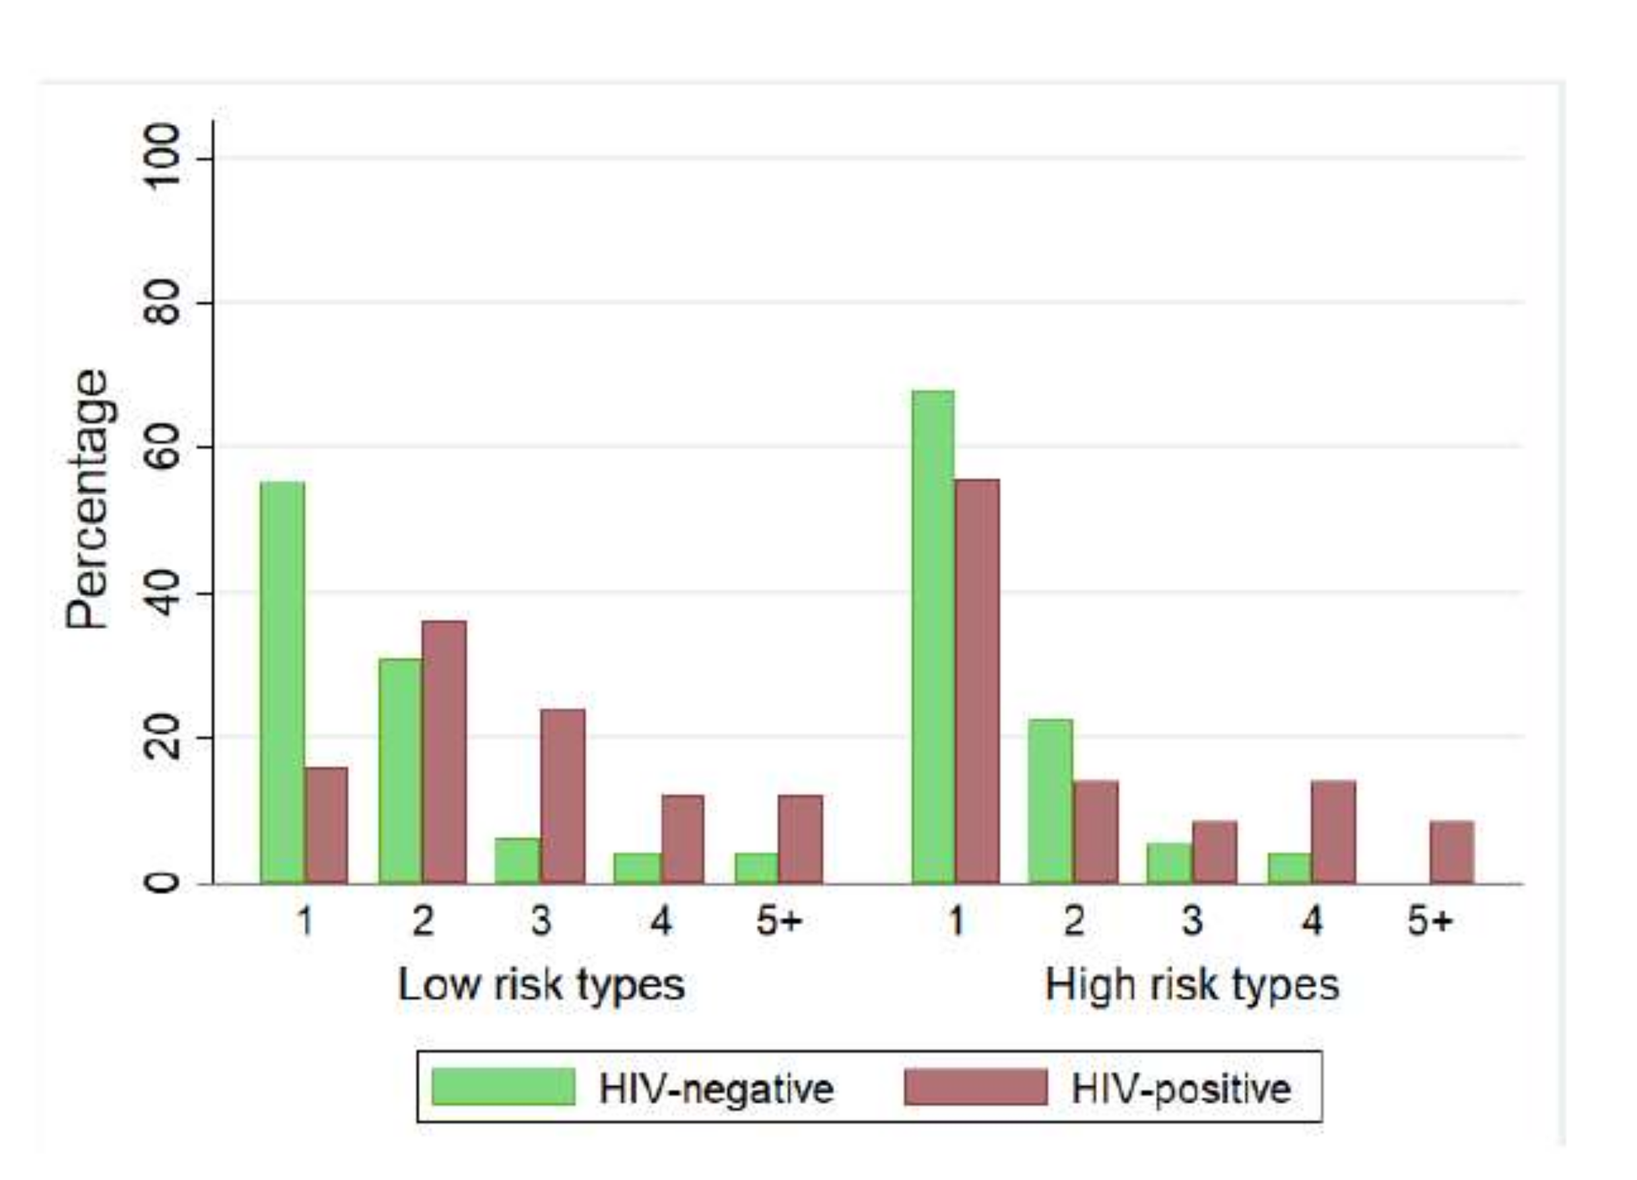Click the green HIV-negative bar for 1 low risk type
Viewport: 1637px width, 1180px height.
pyautogui.click(x=283, y=682)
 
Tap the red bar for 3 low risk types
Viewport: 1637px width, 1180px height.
pyautogui.click(x=563, y=796)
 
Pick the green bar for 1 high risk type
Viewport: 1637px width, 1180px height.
pyautogui.click(x=933, y=637)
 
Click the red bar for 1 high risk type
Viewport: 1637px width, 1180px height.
pyautogui.click(x=978, y=680)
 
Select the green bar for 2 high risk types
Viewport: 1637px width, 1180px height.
pyautogui.click(x=1051, y=801)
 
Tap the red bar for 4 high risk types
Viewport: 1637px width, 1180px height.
pyautogui.click(x=1333, y=832)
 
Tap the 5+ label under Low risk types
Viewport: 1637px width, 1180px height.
pyautogui.click(x=779, y=921)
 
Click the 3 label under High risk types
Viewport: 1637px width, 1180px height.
pyautogui.click(x=1192, y=921)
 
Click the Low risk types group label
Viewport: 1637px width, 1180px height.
pyautogui.click(x=541, y=985)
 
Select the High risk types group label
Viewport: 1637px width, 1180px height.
pyautogui.click(x=1191, y=985)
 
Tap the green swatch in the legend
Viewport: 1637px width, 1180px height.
pyautogui.click(x=503, y=1087)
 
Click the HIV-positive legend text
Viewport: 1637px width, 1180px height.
pyautogui.click(x=1181, y=1088)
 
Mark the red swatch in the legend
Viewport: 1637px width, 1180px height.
pyautogui.click(x=975, y=1087)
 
